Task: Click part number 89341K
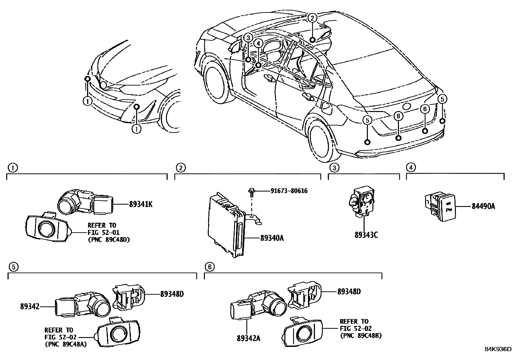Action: click(x=140, y=204)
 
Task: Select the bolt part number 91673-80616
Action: click(x=289, y=191)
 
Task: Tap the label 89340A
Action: click(x=272, y=238)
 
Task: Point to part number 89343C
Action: click(x=366, y=235)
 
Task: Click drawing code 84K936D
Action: click(x=498, y=349)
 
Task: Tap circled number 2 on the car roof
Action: click(x=313, y=18)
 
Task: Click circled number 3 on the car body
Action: click(x=248, y=38)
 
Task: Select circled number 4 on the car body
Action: click(x=258, y=43)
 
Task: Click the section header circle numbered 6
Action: click(x=209, y=267)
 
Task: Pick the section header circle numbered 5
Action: click(x=13, y=267)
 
